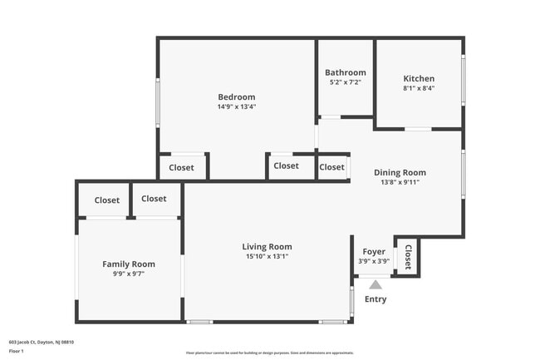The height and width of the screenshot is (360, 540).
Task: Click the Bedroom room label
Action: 236,96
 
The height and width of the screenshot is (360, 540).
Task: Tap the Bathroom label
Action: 345,72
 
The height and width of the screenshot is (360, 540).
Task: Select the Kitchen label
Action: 419,78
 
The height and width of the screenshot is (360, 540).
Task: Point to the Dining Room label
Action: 400,172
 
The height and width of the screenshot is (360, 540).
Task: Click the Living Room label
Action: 267,246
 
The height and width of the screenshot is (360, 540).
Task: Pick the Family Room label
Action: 129,264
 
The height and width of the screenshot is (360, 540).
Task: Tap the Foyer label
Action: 374,251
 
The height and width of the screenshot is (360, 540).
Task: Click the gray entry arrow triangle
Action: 375,284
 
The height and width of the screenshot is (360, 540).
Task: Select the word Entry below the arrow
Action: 376,299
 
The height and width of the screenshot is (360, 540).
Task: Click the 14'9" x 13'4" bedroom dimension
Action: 236,106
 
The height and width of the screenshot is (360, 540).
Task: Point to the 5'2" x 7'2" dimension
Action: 345,82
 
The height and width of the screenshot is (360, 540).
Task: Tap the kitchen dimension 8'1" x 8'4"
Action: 419,88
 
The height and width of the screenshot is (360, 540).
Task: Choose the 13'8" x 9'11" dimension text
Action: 400,182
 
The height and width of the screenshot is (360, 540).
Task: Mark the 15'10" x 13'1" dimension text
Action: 267,256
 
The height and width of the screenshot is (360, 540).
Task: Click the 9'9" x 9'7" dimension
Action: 129,274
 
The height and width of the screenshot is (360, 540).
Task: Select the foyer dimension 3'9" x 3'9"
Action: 374,260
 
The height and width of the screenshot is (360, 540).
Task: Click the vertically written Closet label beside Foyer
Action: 408,257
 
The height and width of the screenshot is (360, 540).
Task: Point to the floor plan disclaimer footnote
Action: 269,353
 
